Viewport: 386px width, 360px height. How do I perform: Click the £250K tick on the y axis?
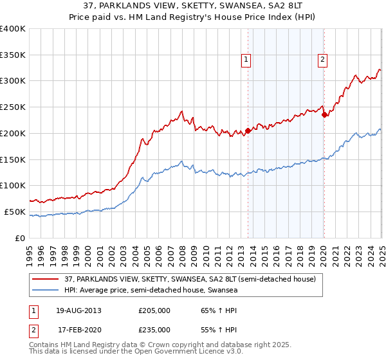click(x=13, y=107)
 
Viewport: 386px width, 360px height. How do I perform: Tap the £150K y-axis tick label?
click(x=13, y=159)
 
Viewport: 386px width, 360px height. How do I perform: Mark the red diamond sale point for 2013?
click(x=248, y=130)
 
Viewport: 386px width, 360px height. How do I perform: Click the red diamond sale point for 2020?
click(x=324, y=115)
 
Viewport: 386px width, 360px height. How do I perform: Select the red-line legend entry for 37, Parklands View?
click(x=190, y=280)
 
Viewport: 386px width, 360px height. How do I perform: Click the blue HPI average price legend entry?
click(x=151, y=291)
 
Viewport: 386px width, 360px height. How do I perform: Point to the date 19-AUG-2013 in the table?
click(x=79, y=310)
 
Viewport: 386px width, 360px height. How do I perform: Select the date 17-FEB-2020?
click(x=79, y=329)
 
